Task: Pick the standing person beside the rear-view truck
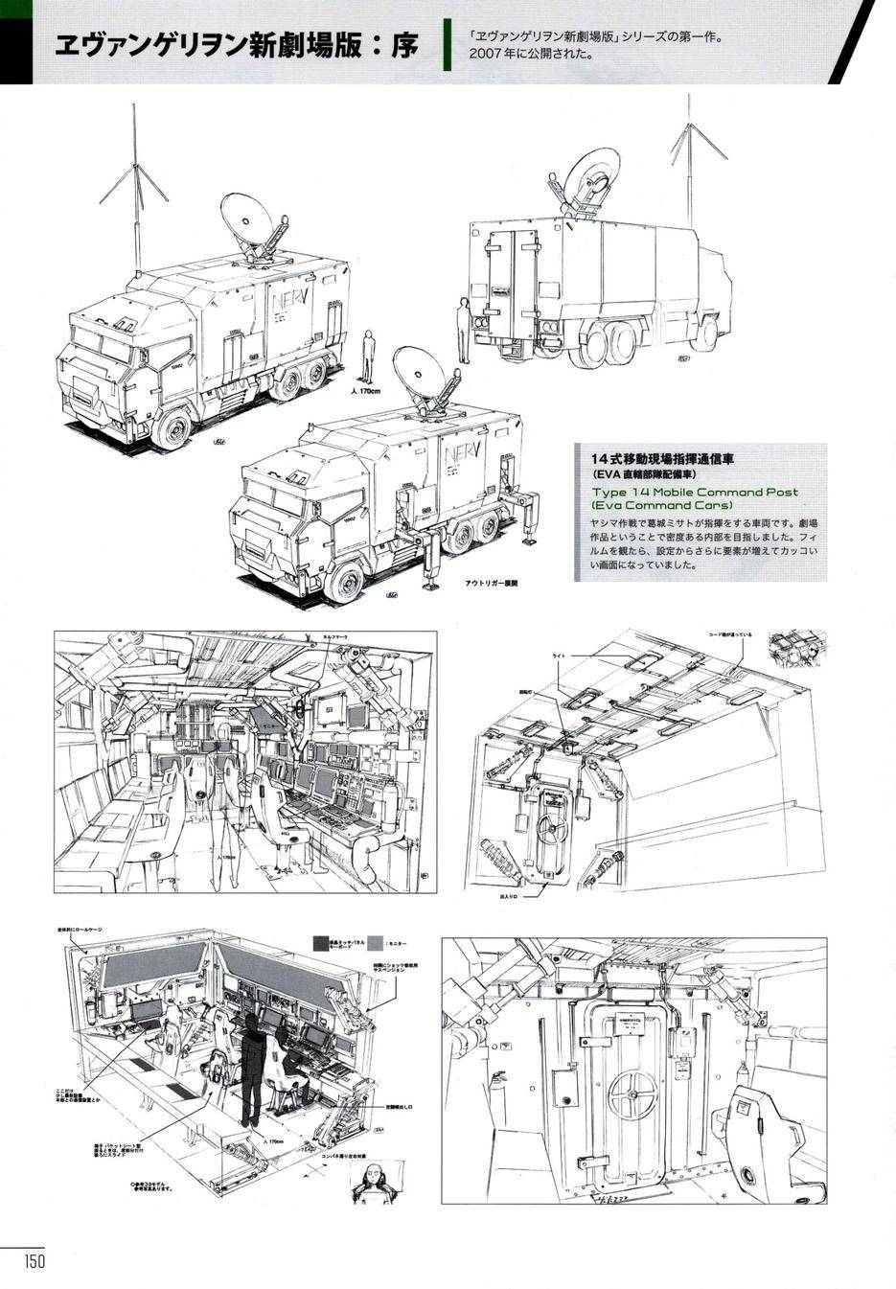463,329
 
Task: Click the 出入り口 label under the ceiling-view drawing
524,897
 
